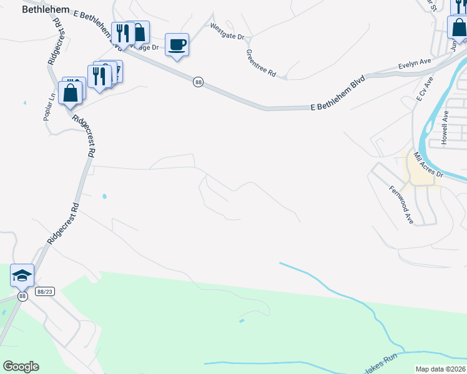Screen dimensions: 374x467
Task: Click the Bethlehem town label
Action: point(46,10)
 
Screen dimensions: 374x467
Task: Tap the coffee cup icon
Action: point(177,45)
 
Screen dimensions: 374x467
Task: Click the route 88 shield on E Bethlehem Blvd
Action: point(198,82)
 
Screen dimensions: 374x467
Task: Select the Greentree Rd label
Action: point(261,63)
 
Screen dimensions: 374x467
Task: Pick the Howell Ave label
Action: point(445,128)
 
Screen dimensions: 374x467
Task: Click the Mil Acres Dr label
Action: point(428,165)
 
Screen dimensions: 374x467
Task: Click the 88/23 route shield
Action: point(44,291)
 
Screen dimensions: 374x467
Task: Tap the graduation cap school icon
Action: point(22,276)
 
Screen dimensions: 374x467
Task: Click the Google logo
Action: point(21,367)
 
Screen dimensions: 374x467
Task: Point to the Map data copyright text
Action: point(441,369)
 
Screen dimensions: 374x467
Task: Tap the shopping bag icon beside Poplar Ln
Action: point(71,93)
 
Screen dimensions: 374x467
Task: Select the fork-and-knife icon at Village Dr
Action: point(120,33)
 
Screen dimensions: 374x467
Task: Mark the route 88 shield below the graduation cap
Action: point(22,296)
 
